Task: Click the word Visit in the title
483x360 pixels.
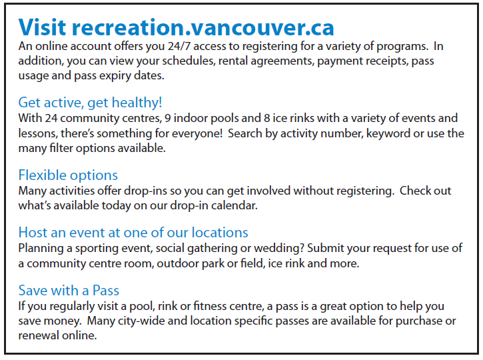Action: (42, 27)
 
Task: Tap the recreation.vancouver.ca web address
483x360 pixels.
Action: (203, 28)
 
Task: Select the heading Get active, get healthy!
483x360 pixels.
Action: (90, 103)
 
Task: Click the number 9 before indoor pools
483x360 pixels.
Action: (168, 119)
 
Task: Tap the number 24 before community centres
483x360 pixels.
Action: (51, 119)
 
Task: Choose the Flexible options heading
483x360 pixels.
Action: (68, 175)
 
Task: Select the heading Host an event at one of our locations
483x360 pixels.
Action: (133, 233)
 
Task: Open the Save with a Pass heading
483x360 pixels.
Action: (69, 291)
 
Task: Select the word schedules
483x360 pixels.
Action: (188, 61)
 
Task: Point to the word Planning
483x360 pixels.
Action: (41, 249)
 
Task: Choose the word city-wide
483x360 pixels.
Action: (141, 321)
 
